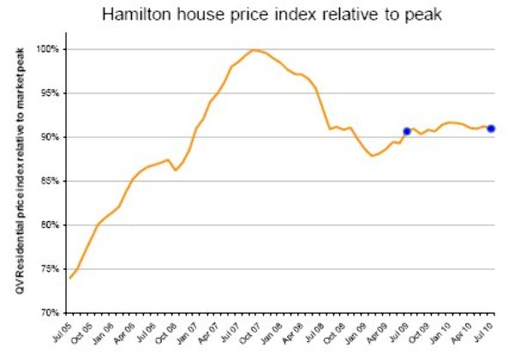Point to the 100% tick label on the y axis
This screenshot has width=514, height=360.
(48, 49)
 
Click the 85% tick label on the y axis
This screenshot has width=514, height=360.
(50, 181)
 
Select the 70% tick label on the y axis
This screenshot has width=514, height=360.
(50, 313)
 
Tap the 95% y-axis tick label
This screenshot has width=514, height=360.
(50, 93)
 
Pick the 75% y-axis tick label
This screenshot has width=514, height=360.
(50, 269)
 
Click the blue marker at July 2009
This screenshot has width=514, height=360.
(407, 131)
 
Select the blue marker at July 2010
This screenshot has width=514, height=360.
(491, 129)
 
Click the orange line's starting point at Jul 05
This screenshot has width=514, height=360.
(70, 278)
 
